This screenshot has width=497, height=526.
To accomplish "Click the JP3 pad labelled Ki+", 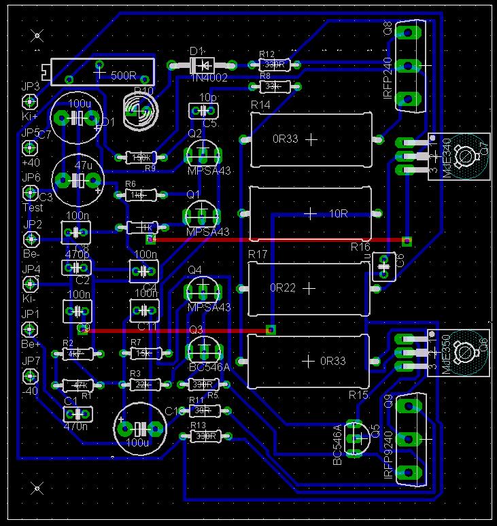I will (30, 103).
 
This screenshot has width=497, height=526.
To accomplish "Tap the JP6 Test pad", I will (30, 194).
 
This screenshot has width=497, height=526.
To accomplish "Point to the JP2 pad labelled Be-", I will (30, 239).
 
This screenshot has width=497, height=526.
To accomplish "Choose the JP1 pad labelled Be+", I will (30, 330).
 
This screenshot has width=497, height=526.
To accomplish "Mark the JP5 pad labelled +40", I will (30, 148).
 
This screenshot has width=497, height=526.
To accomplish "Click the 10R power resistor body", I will (311, 214).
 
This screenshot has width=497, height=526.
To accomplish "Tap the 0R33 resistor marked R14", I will (311, 140).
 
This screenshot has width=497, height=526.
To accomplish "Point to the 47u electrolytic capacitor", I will (78, 180).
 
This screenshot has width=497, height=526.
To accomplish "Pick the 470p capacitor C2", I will (77, 268).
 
